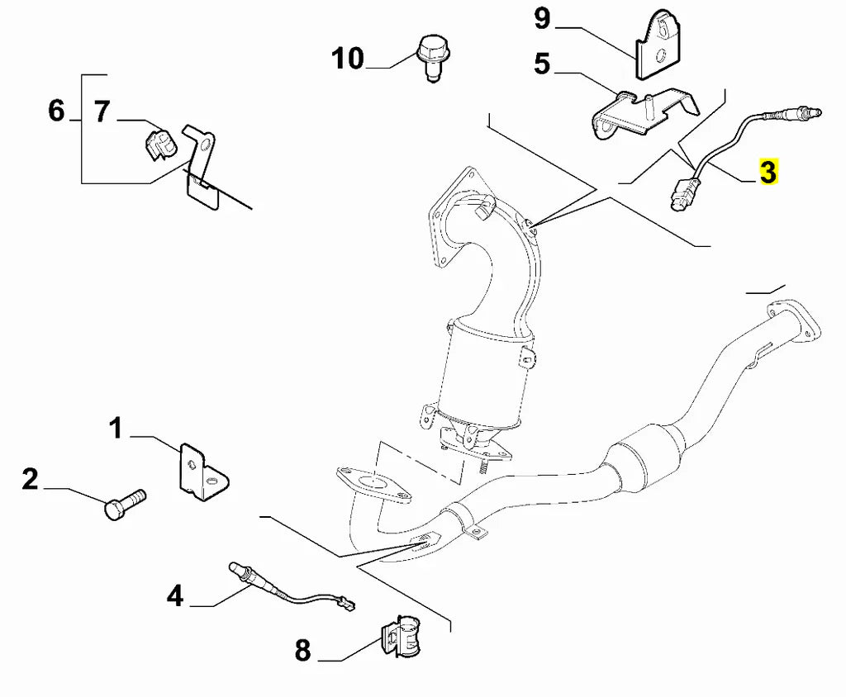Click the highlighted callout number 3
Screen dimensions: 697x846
(768, 173)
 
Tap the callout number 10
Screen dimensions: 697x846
(348, 59)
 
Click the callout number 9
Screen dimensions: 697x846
(542, 17)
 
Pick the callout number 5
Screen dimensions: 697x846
(542, 64)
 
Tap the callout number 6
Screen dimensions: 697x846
(56, 110)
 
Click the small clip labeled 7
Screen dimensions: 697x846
(161, 142)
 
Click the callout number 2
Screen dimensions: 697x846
(30, 478)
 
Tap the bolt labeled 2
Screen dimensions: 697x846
(125, 503)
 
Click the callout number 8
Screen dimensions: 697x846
(303, 651)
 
